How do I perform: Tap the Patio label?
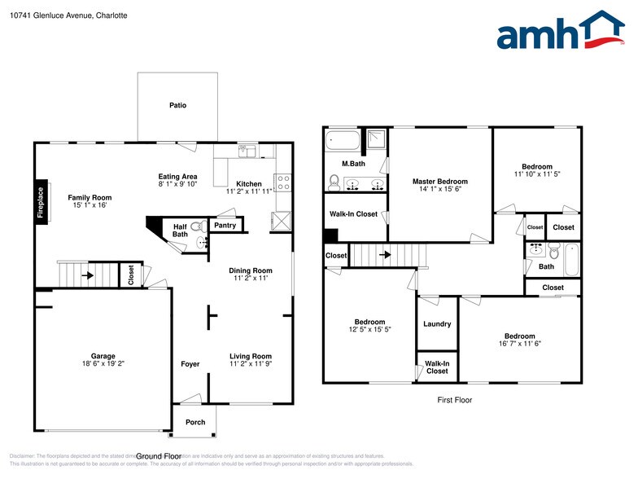(x=177, y=105)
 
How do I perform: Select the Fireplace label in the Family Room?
(x=40, y=202)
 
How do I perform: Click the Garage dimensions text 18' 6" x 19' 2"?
(x=103, y=363)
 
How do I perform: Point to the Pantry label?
(x=225, y=225)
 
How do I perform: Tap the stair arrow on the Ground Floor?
(x=85, y=275)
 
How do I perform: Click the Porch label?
(x=195, y=422)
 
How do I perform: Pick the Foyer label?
(x=190, y=364)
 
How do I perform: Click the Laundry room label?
(x=437, y=324)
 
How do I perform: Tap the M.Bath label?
(x=352, y=164)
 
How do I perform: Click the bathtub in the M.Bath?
(x=342, y=141)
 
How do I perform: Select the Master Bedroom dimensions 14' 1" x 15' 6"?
(x=439, y=189)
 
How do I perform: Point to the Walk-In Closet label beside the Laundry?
(x=437, y=367)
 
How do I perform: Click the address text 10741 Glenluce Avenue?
(x=62, y=15)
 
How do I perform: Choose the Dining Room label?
(x=251, y=270)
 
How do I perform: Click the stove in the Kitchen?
(x=282, y=182)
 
